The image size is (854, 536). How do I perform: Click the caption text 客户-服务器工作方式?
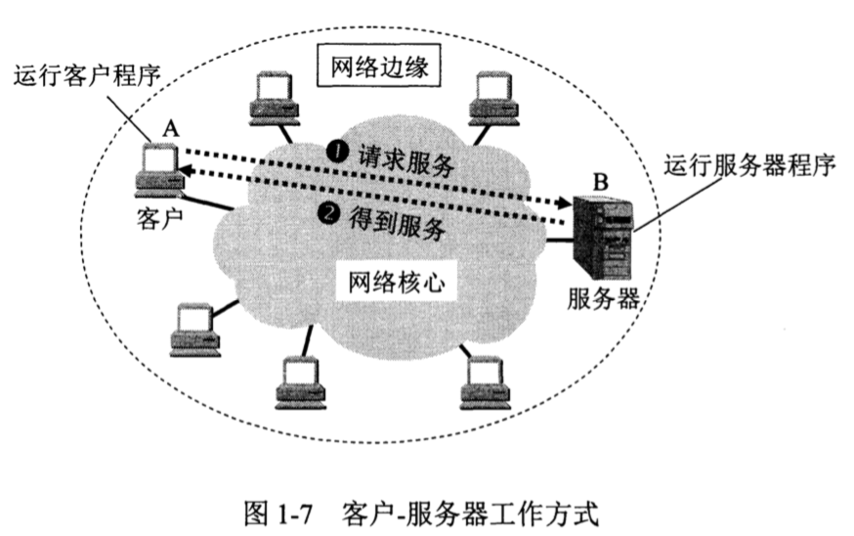(468, 512)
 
